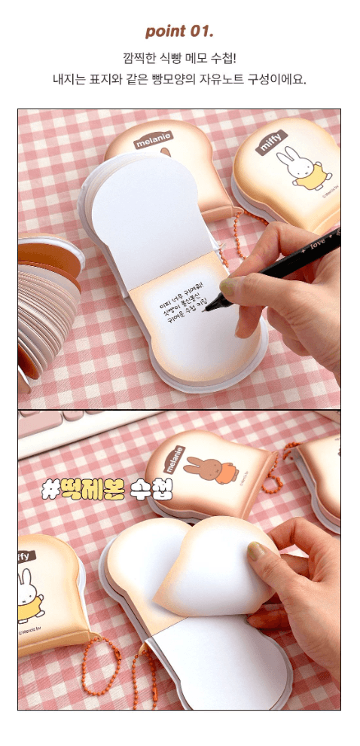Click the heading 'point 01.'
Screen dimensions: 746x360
tap(179, 31)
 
